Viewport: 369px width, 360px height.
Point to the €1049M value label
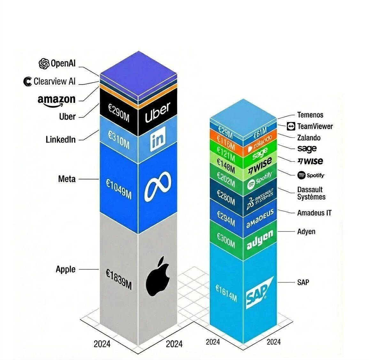pyautogui.click(x=119, y=189)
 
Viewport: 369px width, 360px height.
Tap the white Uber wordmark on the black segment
pyautogui.click(x=158, y=112)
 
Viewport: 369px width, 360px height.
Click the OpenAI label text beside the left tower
pyautogui.click(x=63, y=63)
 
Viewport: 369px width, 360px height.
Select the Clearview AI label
pyautogui.click(x=55, y=81)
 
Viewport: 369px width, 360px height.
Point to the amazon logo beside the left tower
pyautogui.click(x=57, y=101)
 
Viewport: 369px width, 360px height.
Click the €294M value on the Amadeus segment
pyautogui.click(x=226, y=218)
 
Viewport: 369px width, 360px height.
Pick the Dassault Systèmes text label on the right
pyautogui.click(x=311, y=193)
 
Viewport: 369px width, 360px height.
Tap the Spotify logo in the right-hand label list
pyautogui.click(x=311, y=175)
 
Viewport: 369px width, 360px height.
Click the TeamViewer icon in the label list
pyautogui.click(x=291, y=126)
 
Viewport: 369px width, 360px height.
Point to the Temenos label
pyautogui.click(x=310, y=115)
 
